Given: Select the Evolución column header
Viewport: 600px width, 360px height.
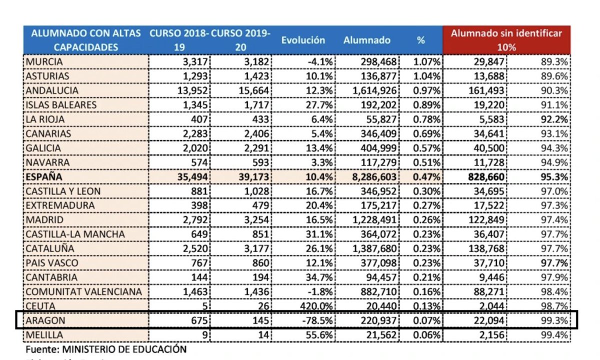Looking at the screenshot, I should pyautogui.click(x=303, y=40).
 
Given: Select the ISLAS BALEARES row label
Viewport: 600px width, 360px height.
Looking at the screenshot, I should pyautogui.click(x=61, y=105).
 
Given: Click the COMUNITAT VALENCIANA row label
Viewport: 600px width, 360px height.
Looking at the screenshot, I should pyautogui.click(x=83, y=291).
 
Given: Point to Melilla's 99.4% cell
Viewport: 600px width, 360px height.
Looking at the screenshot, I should pyautogui.click(x=555, y=334).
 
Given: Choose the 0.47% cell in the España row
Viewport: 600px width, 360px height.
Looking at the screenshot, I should pyautogui.click(x=427, y=177).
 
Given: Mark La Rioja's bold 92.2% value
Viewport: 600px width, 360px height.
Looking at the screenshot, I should pyautogui.click(x=555, y=119).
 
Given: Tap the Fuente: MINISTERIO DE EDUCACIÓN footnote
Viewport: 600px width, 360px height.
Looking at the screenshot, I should pyautogui.click(x=106, y=349).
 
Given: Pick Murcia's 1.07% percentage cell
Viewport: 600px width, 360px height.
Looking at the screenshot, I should pyautogui.click(x=427, y=61).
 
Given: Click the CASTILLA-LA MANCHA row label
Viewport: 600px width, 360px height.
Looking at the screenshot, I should pyautogui.click(x=75, y=234).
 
